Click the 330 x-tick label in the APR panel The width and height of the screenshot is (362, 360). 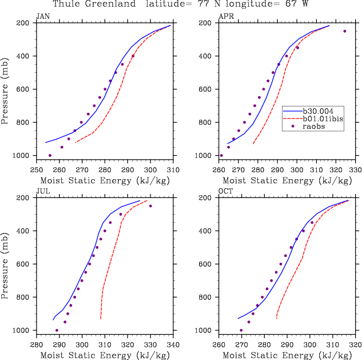355,170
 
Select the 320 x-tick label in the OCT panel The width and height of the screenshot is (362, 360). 355,345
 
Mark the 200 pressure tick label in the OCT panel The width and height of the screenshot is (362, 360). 209,198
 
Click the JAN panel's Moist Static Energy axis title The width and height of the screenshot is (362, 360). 105,181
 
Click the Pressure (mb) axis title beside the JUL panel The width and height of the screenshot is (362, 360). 6,264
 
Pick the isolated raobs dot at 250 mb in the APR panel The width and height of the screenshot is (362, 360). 345,31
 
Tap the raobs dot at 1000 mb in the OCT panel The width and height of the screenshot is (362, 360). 241,330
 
